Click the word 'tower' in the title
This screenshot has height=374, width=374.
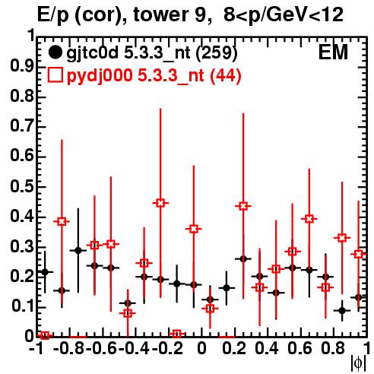point(159,14)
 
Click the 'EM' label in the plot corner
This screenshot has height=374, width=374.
point(333,52)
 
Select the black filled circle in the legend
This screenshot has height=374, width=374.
point(55,52)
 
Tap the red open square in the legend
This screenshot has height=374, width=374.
point(55,75)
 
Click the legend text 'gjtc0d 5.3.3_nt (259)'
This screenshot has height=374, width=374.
point(152,53)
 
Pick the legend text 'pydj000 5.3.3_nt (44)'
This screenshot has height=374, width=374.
point(154,76)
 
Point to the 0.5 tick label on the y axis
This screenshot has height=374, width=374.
point(22,187)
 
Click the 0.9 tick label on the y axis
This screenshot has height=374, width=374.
point(22,67)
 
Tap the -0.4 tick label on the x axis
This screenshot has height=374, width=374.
point(134,348)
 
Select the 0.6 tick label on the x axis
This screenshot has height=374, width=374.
point(300,348)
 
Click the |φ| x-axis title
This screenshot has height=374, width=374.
point(358,363)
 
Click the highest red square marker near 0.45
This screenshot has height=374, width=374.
point(160,203)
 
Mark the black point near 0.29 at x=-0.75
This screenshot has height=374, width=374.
point(78,251)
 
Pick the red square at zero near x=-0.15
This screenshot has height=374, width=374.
point(177,334)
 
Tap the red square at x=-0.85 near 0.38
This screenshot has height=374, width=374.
point(62,222)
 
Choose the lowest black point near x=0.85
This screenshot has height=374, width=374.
point(342,310)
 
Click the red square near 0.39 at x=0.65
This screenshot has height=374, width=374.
point(309,219)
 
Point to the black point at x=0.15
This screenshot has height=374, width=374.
point(227,288)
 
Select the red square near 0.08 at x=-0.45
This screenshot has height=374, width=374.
point(128,313)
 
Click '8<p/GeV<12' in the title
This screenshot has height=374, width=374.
point(284,14)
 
